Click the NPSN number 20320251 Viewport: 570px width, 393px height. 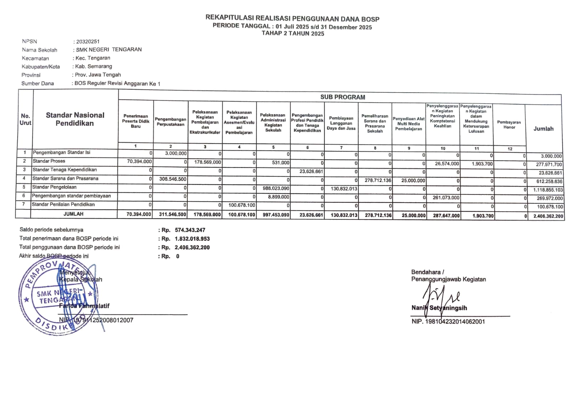[x=88, y=42]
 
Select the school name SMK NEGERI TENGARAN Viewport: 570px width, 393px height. [x=109, y=50]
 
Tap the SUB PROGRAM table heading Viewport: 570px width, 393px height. [x=342, y=97]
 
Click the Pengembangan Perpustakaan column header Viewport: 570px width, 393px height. [x=170, y=122]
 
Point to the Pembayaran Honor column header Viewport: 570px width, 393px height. [x=509, y=125]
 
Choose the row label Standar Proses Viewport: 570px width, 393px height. [x=49, y=161]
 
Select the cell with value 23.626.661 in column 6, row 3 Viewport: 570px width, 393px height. [x=311, y=171]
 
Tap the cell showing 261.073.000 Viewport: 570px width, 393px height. [x=446, y=198]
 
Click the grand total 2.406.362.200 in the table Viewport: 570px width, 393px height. [x=548, y=216]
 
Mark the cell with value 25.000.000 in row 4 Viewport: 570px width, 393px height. [x=413, y=181]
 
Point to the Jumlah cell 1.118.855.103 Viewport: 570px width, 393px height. [x=548, y=190]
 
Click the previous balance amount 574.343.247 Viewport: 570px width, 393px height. [x=190, y=230]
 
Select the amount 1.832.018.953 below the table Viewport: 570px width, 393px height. [x=192, y=239]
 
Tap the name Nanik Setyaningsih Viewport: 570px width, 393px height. [x=439, y=308]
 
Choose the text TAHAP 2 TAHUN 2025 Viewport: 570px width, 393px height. [x=293, y=33]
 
